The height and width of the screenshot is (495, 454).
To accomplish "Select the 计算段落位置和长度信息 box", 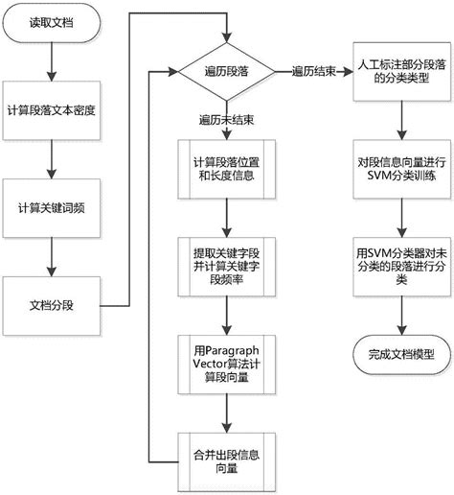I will click(226, 169).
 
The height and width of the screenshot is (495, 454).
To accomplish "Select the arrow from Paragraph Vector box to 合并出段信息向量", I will click(226, 409).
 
